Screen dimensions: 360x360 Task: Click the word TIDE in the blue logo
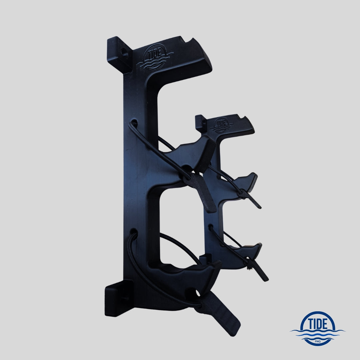318,324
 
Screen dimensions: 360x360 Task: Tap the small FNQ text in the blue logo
318,341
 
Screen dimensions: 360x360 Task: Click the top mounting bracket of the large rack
119,53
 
